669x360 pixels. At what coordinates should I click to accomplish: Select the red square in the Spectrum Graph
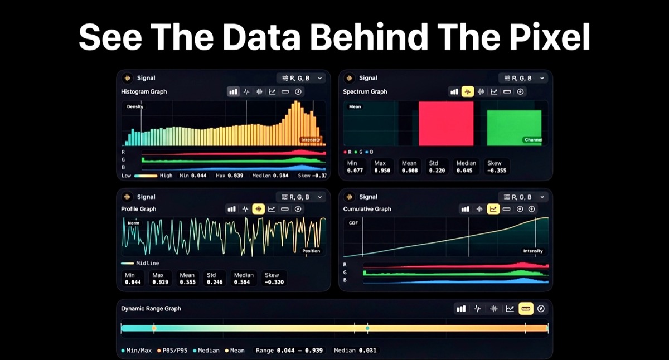click(446, 123)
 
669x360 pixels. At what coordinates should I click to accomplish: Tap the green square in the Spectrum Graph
click(514, 128)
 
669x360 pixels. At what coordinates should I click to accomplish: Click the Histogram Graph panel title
click(144, 91)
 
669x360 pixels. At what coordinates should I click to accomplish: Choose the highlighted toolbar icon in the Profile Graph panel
click(258, 209)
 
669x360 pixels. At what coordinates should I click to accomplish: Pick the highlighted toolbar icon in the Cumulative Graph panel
click(493, 209)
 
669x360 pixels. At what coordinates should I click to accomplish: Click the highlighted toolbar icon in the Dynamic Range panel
click(525, 309)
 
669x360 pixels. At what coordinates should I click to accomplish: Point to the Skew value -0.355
click(497, 171)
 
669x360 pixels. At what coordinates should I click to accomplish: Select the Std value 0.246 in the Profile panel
click(215, 282)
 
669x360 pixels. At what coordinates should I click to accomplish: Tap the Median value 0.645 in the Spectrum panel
click(466, 171)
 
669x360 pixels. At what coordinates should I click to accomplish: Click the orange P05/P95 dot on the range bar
click(154, 329)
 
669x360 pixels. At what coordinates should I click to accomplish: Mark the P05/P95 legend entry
click(173, 351)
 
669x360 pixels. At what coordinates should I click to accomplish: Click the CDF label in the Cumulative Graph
click(353, 223)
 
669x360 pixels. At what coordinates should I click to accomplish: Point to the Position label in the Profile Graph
click(311, 251)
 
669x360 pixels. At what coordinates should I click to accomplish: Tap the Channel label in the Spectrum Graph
click(533, 140)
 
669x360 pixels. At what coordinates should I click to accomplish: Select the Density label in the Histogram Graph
click(135, 106)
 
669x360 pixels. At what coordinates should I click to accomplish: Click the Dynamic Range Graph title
click(151, 309)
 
